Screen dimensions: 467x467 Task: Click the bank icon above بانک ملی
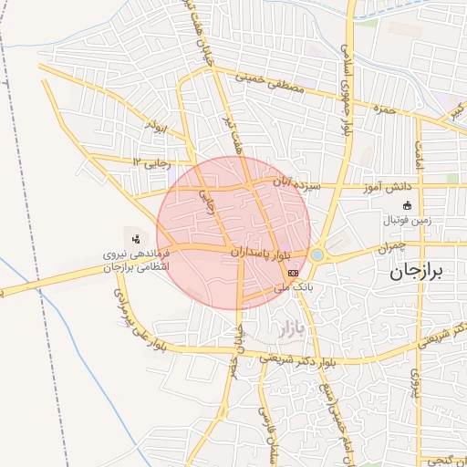[293, 273]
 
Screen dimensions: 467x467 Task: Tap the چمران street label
[389, 247]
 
